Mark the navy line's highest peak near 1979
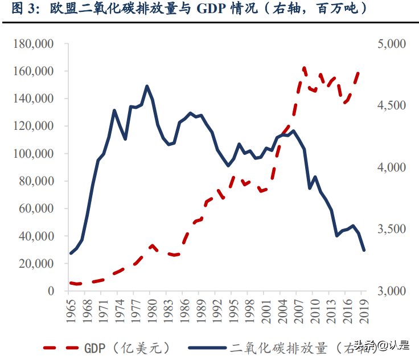coord(147,86)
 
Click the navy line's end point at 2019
coord(364,250)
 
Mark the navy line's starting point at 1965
coord(71,253)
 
